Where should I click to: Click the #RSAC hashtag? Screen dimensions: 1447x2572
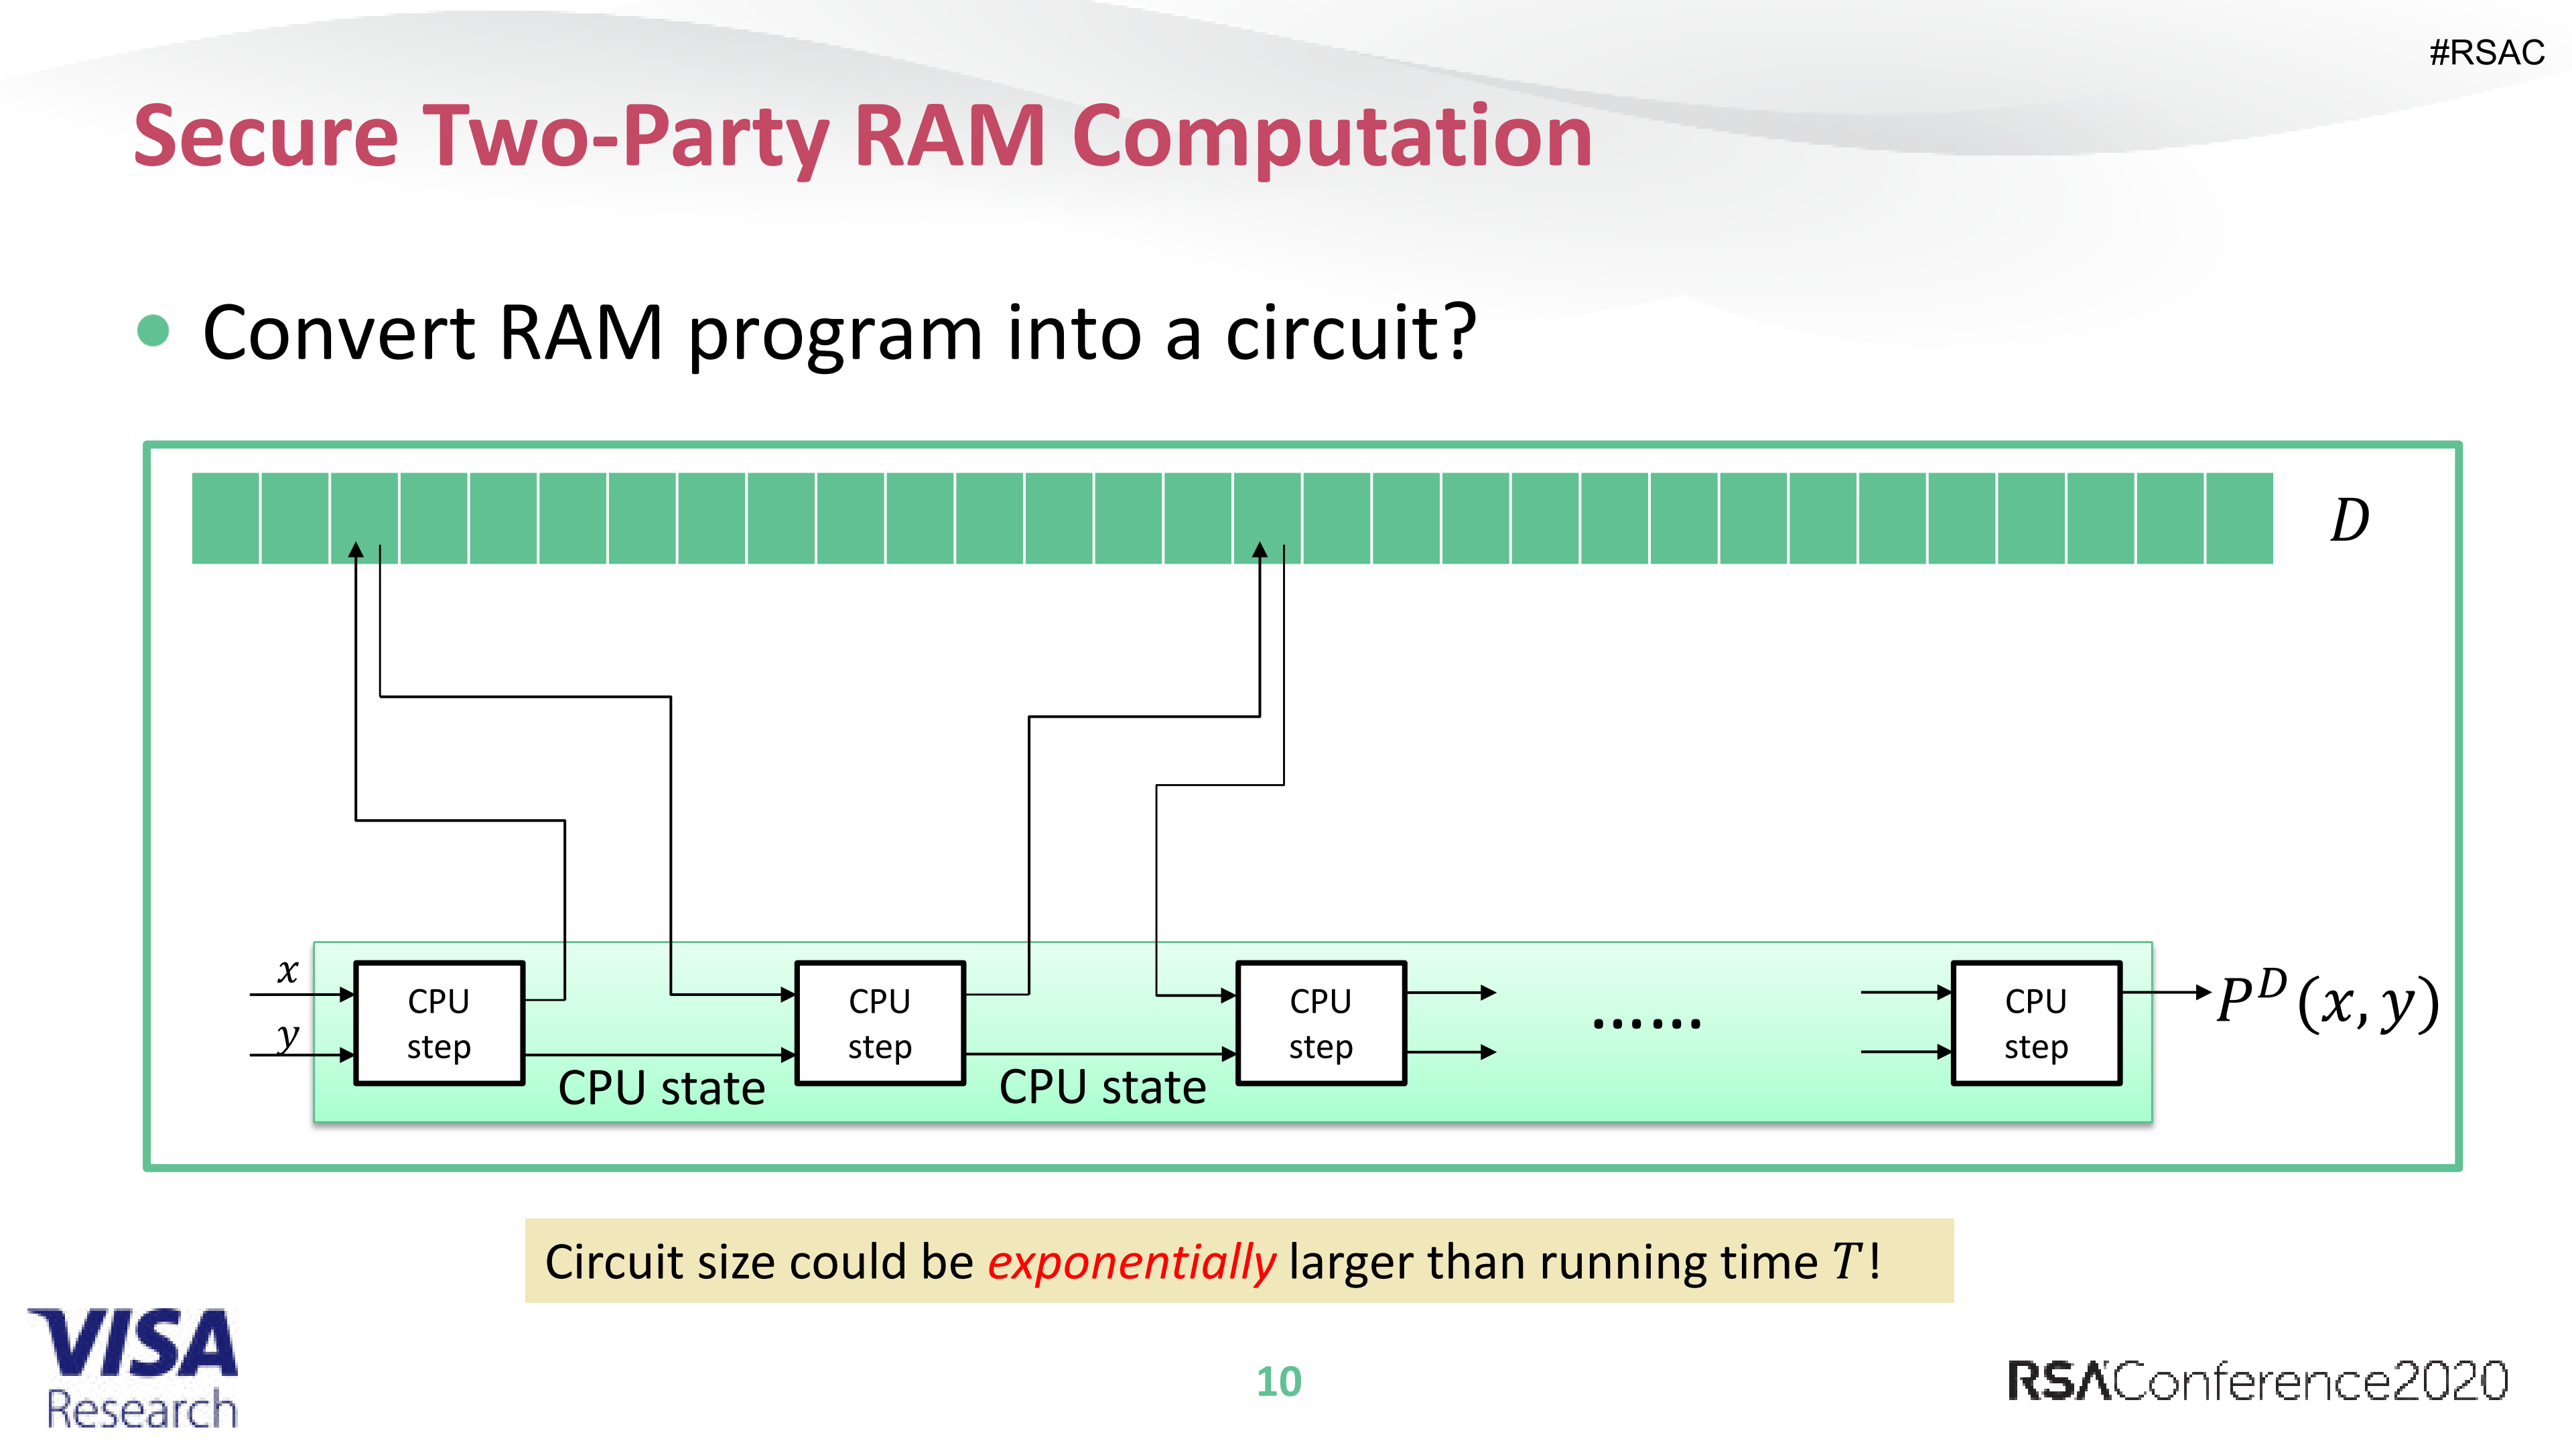pos(2486,52)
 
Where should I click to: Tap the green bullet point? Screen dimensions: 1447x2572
pos(153,330)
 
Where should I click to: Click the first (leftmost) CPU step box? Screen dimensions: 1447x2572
pos(439,1023)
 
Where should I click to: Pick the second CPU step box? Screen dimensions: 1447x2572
pos(880,1023)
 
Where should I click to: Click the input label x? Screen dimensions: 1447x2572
pos(287,970)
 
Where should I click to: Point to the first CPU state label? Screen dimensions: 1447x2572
pos(661,1088)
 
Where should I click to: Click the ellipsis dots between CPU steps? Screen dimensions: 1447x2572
pos(1646,1023)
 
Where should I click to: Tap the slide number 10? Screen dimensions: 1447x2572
pos(1278,1381)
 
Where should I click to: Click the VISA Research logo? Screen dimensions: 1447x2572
pos(135,1368)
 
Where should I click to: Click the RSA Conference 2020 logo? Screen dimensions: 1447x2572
pos(2256,1381)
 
